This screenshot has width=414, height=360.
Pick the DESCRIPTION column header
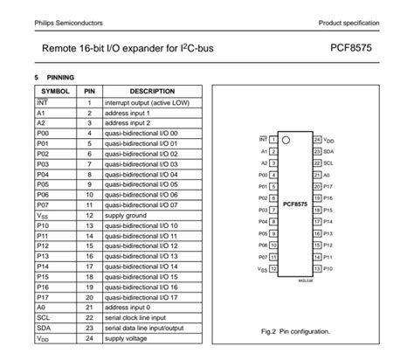(152, 91)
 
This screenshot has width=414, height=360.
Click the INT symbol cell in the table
(42, 102)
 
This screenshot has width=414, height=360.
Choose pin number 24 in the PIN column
(89, 338)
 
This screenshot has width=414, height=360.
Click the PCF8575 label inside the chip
(294, 204)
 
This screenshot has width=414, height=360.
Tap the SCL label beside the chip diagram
(328, 163)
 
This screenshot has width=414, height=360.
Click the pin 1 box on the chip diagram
(273, 139)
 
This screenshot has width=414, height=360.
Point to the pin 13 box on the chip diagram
(315, 269)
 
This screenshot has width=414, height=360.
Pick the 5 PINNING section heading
(54, 77)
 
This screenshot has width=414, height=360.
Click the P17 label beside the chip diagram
(328, 186)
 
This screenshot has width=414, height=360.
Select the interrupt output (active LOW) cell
(150, 102)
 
